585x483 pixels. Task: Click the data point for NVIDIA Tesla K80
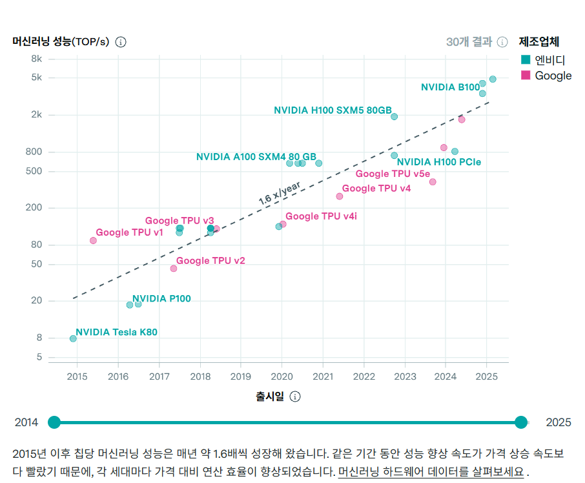point(73,338)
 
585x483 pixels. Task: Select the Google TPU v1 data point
point(93,241)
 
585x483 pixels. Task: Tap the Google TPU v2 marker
point(174,269)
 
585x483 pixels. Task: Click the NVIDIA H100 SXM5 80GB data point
point(395,117)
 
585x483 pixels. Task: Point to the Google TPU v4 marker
point(340,196)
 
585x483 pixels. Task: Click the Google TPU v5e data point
point(433,182)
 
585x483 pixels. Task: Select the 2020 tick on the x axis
point(282,376)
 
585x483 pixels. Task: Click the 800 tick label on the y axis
point(34,152)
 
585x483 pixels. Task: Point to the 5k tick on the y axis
point(37,77)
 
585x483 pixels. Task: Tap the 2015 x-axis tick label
point(77,376)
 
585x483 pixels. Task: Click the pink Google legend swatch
point(526,76)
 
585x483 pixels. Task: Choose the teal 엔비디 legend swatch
point(526,59)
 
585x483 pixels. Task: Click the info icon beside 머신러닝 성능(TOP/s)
point(121,42)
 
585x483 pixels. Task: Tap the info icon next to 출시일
point(295,396)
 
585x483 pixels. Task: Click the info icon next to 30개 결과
point(502,42)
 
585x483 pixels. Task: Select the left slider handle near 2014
point(54,422)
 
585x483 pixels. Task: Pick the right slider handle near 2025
point(521,422)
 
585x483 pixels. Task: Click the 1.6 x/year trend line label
point(280,194)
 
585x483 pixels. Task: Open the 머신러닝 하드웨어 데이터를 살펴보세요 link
point(431,472)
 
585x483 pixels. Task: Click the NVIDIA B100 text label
point(450,87)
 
